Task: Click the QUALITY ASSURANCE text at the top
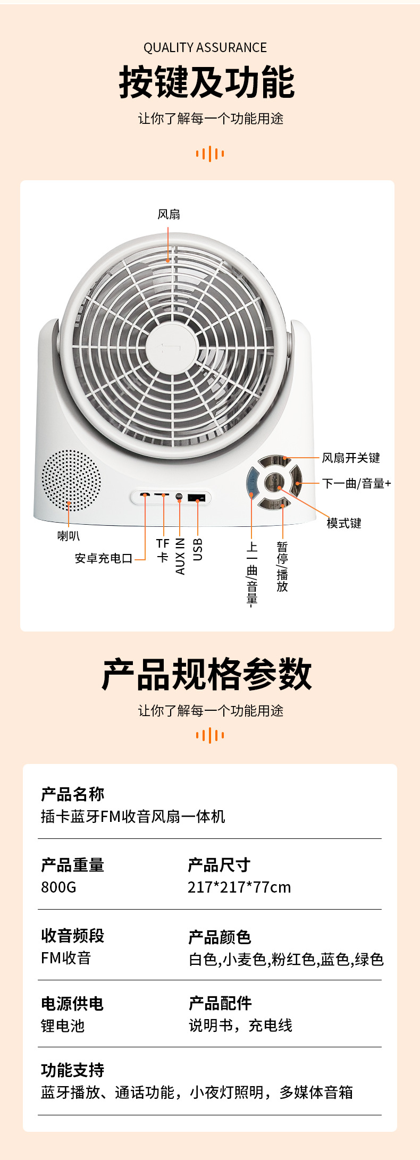pyautogui.click(x=205, y=48)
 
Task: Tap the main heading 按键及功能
pyautogui.click(x=207, y=82)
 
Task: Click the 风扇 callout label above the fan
pyautogui.click(x=169, y=214)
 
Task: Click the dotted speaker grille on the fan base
pyautogui.click(x=71, y=481)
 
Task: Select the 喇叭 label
pyautogui.click(x=69, y=536)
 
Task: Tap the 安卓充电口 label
pyautogui.click(x=104, y=558)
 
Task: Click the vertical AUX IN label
pyautogui.click(x=180, y=556)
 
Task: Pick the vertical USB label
pyautogui.click(x=198, y=549)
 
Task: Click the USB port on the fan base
pyautogui.click(x=196, y=498)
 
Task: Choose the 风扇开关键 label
pyautogui.click(x=351, y=458)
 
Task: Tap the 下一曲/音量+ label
pyautogui.click(x=356, y=483)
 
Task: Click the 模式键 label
pyautogui.click(x=344, y=523)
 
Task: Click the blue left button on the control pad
pyautogui.click(x=253, y=482)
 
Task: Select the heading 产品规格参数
pyautogui.click(x=207, y=674)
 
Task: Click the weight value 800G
pyautogui.click(x=58, y=887)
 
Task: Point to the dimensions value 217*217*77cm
pyautogui.click(x=239, y=887)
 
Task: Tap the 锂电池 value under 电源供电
pyautogui.click(x=63, y=1025)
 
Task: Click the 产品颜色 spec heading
pyautogui.click(x=220, y=937)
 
